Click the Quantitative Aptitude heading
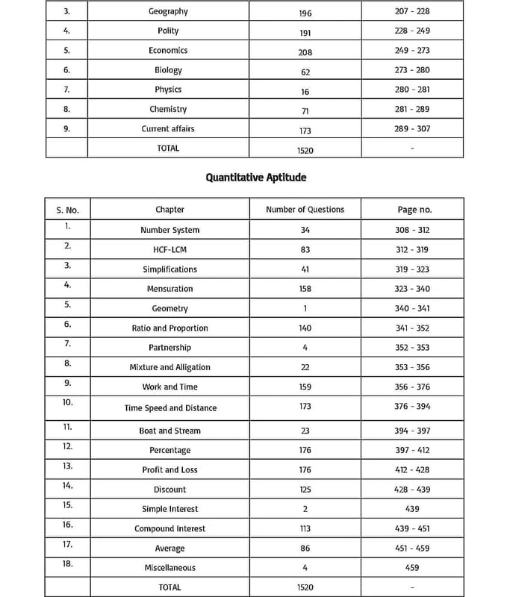coord(256,178)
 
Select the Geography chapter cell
coord(168,11)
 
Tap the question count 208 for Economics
coord(305,52)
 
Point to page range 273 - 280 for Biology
coord(412,70)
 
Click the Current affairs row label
coord(168,128)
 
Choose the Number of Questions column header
coord(305,210)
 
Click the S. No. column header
coord(67,210)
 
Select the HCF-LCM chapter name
coord(170,249)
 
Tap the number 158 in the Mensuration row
coord(305,289)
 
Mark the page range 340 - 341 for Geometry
coord(412,308)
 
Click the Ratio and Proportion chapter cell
coord(170,328)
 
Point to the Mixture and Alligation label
coord(170,367)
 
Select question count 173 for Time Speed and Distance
coord(305,407)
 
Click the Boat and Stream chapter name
coord(170,431)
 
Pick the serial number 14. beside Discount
coord(68,485)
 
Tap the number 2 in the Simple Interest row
coord(305,509)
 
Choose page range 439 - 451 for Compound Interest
coord(412,528)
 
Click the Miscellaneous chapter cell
coord(170,567)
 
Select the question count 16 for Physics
coord(305,91)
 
